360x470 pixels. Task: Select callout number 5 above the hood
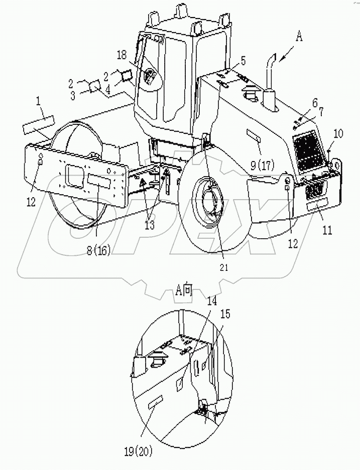(243, 61)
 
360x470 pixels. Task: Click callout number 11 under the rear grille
(327, 217)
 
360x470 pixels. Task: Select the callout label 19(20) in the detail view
(145, 443)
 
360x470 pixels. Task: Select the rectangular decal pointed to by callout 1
(37, 123)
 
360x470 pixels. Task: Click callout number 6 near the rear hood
(315, 103)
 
